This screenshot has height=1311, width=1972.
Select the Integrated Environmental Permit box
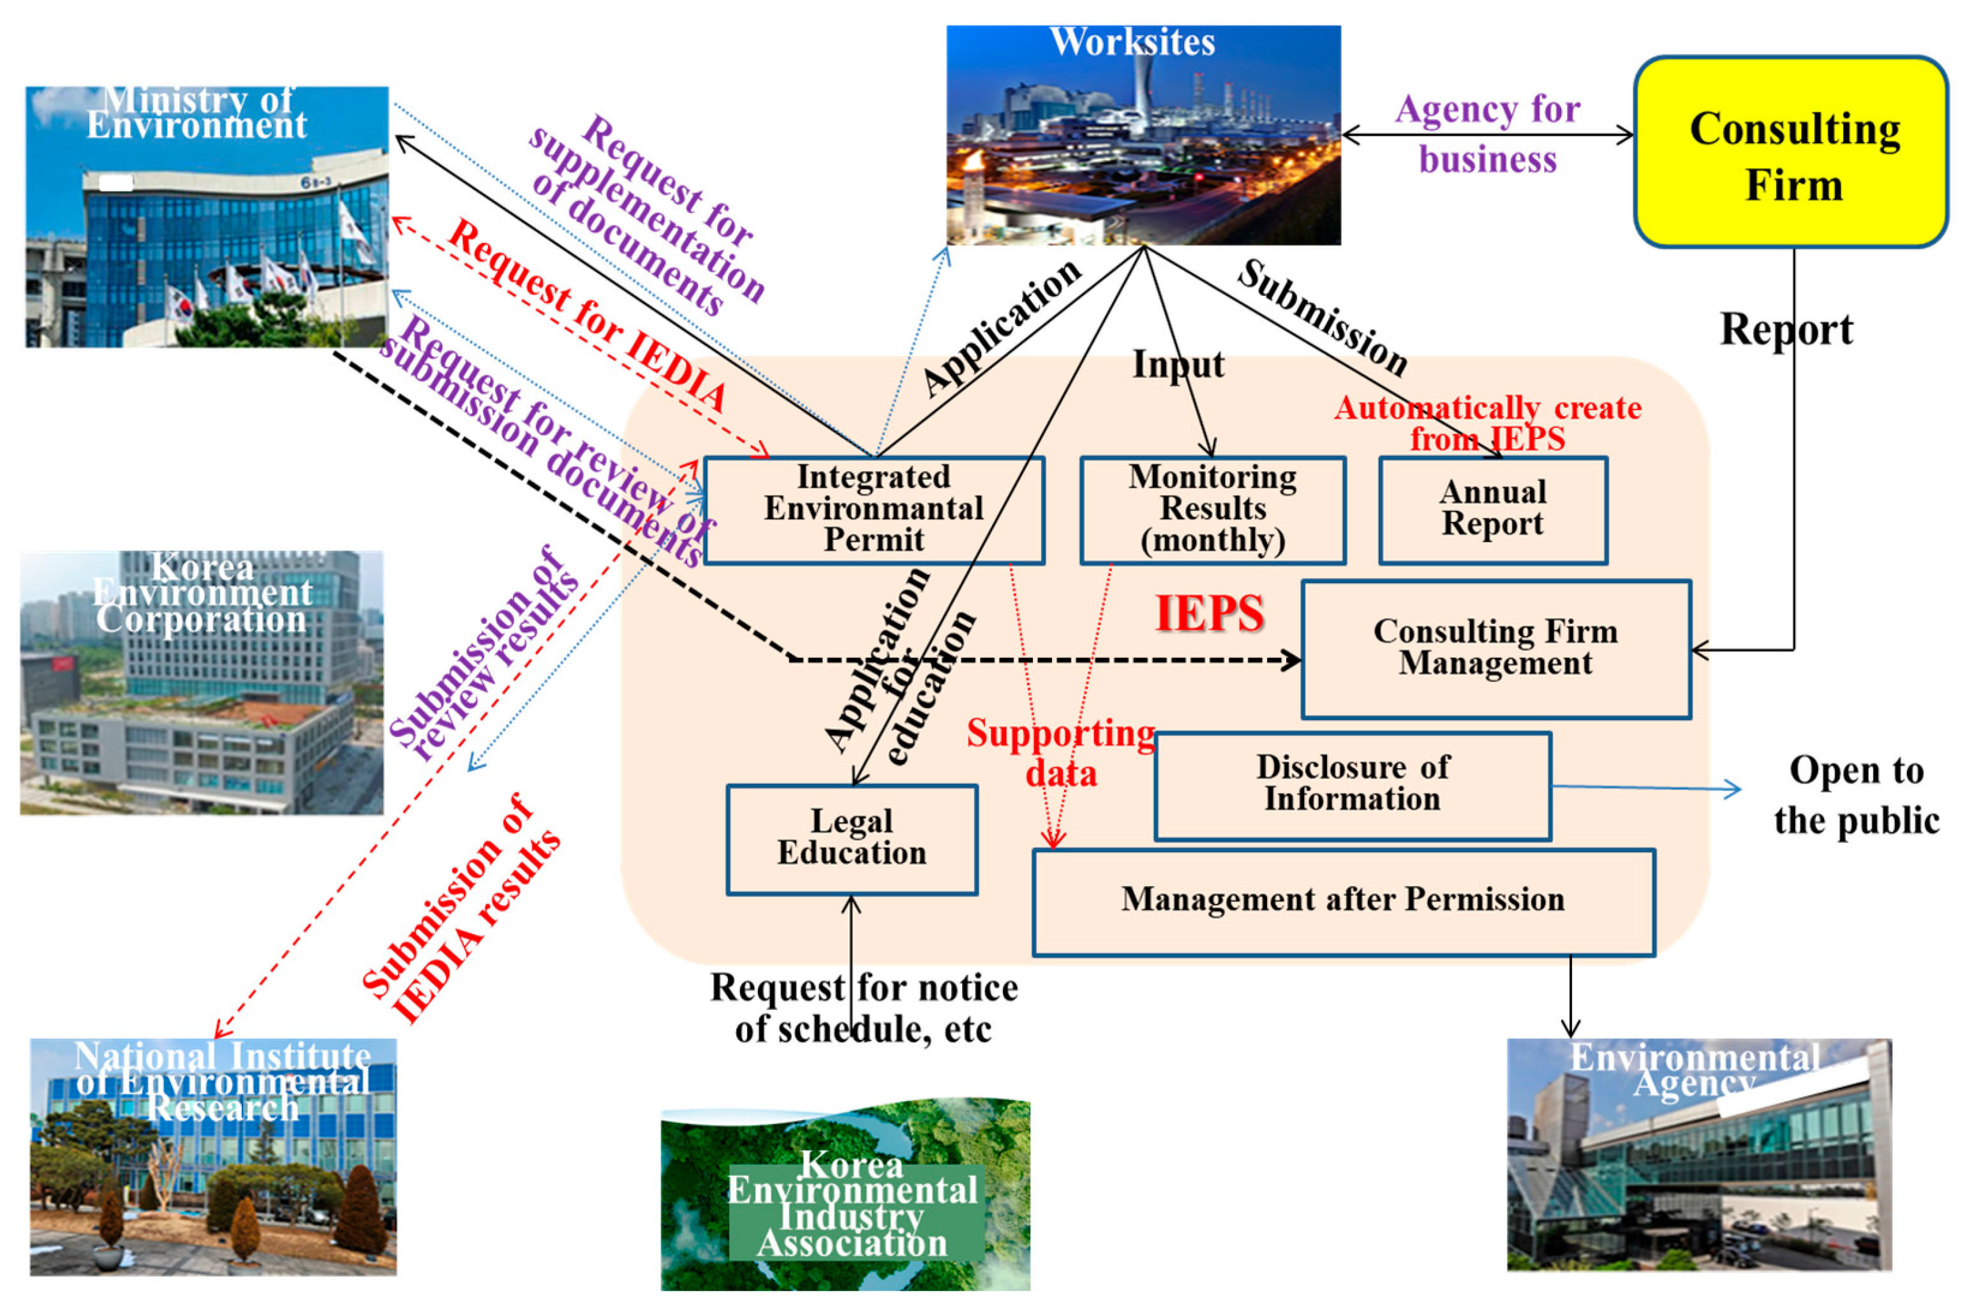873,509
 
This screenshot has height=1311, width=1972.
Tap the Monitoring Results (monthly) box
1212,509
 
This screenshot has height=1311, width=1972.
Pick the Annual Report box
1492,509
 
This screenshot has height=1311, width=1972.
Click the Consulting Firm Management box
1495,649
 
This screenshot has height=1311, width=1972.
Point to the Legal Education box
851,839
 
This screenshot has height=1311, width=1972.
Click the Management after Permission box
1342,901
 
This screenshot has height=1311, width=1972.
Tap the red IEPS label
1209,614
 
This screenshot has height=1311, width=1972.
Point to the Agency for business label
1487,134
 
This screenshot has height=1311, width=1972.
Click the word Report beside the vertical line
1786,329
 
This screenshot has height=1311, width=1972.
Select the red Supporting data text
1060,752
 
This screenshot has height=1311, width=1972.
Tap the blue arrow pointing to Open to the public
1647,787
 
